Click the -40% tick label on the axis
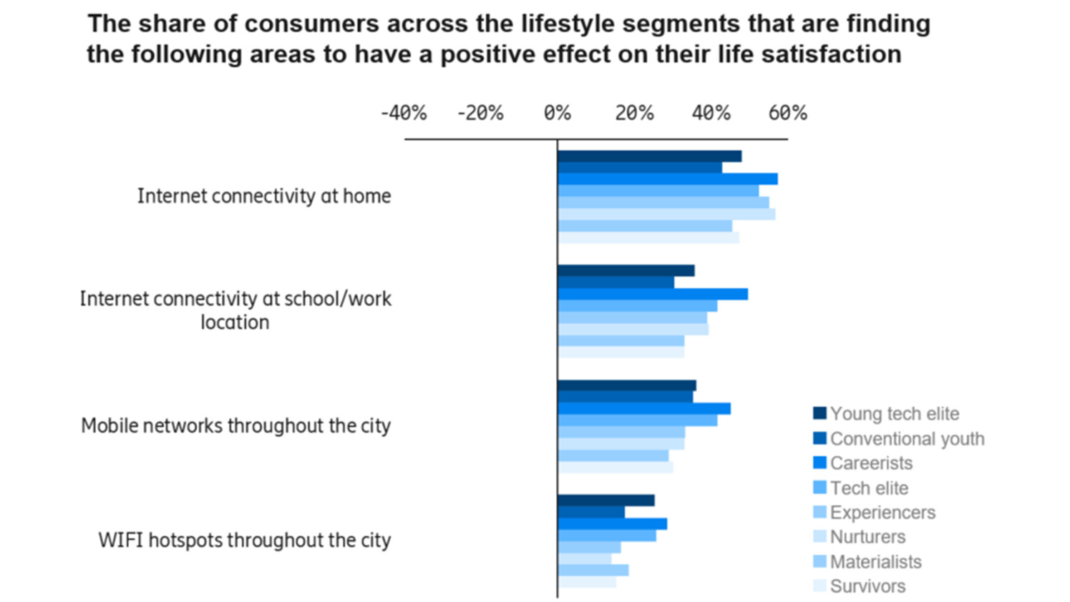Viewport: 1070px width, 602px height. coord(403,113)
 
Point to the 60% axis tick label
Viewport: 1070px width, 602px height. coord(787,113)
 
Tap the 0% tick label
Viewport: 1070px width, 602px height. coord(557,113)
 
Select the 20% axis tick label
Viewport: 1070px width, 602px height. coord(634,113)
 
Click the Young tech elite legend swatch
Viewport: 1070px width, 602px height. coord(819,413)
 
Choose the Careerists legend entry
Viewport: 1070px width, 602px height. coord(871,463)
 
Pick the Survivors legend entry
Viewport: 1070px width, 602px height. coord(867,586)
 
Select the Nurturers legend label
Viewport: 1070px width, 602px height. coord(867,537)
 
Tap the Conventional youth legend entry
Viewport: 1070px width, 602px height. coord(907,438)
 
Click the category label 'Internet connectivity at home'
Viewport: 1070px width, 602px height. coord(264,196)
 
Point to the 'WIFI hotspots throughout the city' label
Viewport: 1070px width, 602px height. coord(244,540)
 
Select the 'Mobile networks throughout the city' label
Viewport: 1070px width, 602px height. coord(235,425)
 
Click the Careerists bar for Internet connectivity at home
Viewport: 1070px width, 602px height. coord(667,179)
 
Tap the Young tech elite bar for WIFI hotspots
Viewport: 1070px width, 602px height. coord(605,500)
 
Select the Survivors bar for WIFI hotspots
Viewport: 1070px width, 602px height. coord(586,582)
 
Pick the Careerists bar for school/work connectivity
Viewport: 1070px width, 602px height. coord(652,294)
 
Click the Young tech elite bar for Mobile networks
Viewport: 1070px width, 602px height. coord(626,385)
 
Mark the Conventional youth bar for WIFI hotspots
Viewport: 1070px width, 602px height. coord(590,512)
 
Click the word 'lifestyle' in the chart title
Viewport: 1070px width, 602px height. coord(563,24)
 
